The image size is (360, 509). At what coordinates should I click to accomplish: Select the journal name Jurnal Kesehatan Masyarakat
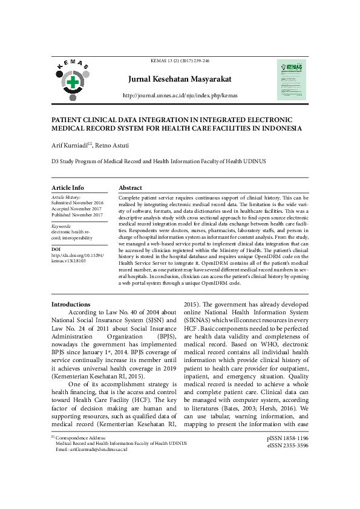[x=179, y=79]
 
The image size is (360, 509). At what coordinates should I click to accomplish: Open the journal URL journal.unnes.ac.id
[x=180, y=96]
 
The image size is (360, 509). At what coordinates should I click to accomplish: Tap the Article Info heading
[x=68, y=187]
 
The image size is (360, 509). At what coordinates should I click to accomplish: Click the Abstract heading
[x=130, y=187]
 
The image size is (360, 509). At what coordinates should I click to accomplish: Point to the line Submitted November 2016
[x=77, y=203]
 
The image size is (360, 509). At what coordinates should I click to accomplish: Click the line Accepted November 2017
[x=77, y=209]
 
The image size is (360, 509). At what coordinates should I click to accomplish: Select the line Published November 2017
[x=77, y=215]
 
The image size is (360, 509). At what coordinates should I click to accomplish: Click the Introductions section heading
[x=71, y=304]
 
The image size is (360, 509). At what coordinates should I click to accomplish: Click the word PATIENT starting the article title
[x=68, y=120]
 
